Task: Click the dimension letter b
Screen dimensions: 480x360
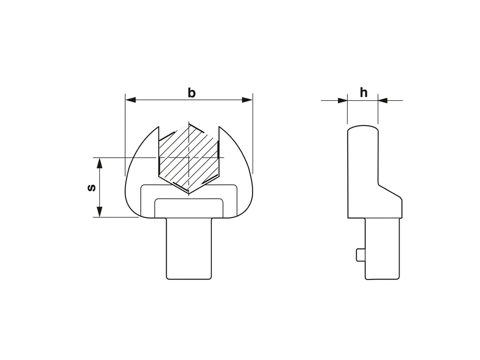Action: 192,93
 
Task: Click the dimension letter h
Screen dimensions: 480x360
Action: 363,92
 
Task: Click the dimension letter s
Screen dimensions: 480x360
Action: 92,187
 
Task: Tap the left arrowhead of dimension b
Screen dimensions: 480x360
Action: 130,100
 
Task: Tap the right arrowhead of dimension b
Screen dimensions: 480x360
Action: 248,100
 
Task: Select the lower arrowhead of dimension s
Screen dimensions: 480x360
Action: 99,212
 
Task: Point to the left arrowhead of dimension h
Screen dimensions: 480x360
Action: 343,100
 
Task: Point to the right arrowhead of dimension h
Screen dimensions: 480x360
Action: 383,100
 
